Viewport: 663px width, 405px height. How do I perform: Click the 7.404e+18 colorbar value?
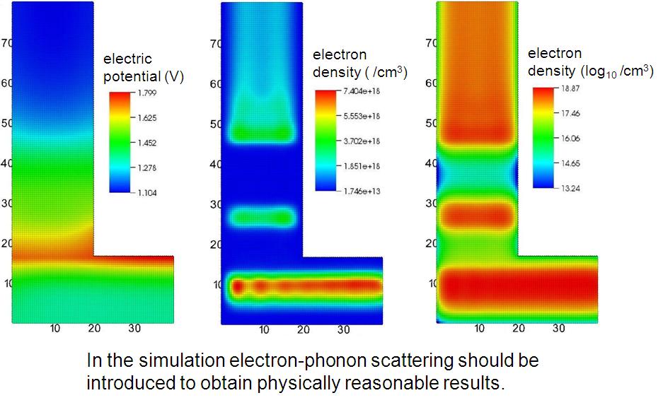point(363,93)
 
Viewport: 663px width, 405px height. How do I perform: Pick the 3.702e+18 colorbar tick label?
point(363,141)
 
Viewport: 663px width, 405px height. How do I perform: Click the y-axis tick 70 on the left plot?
point(6,43)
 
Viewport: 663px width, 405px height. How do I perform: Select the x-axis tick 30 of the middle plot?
point(343,329)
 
